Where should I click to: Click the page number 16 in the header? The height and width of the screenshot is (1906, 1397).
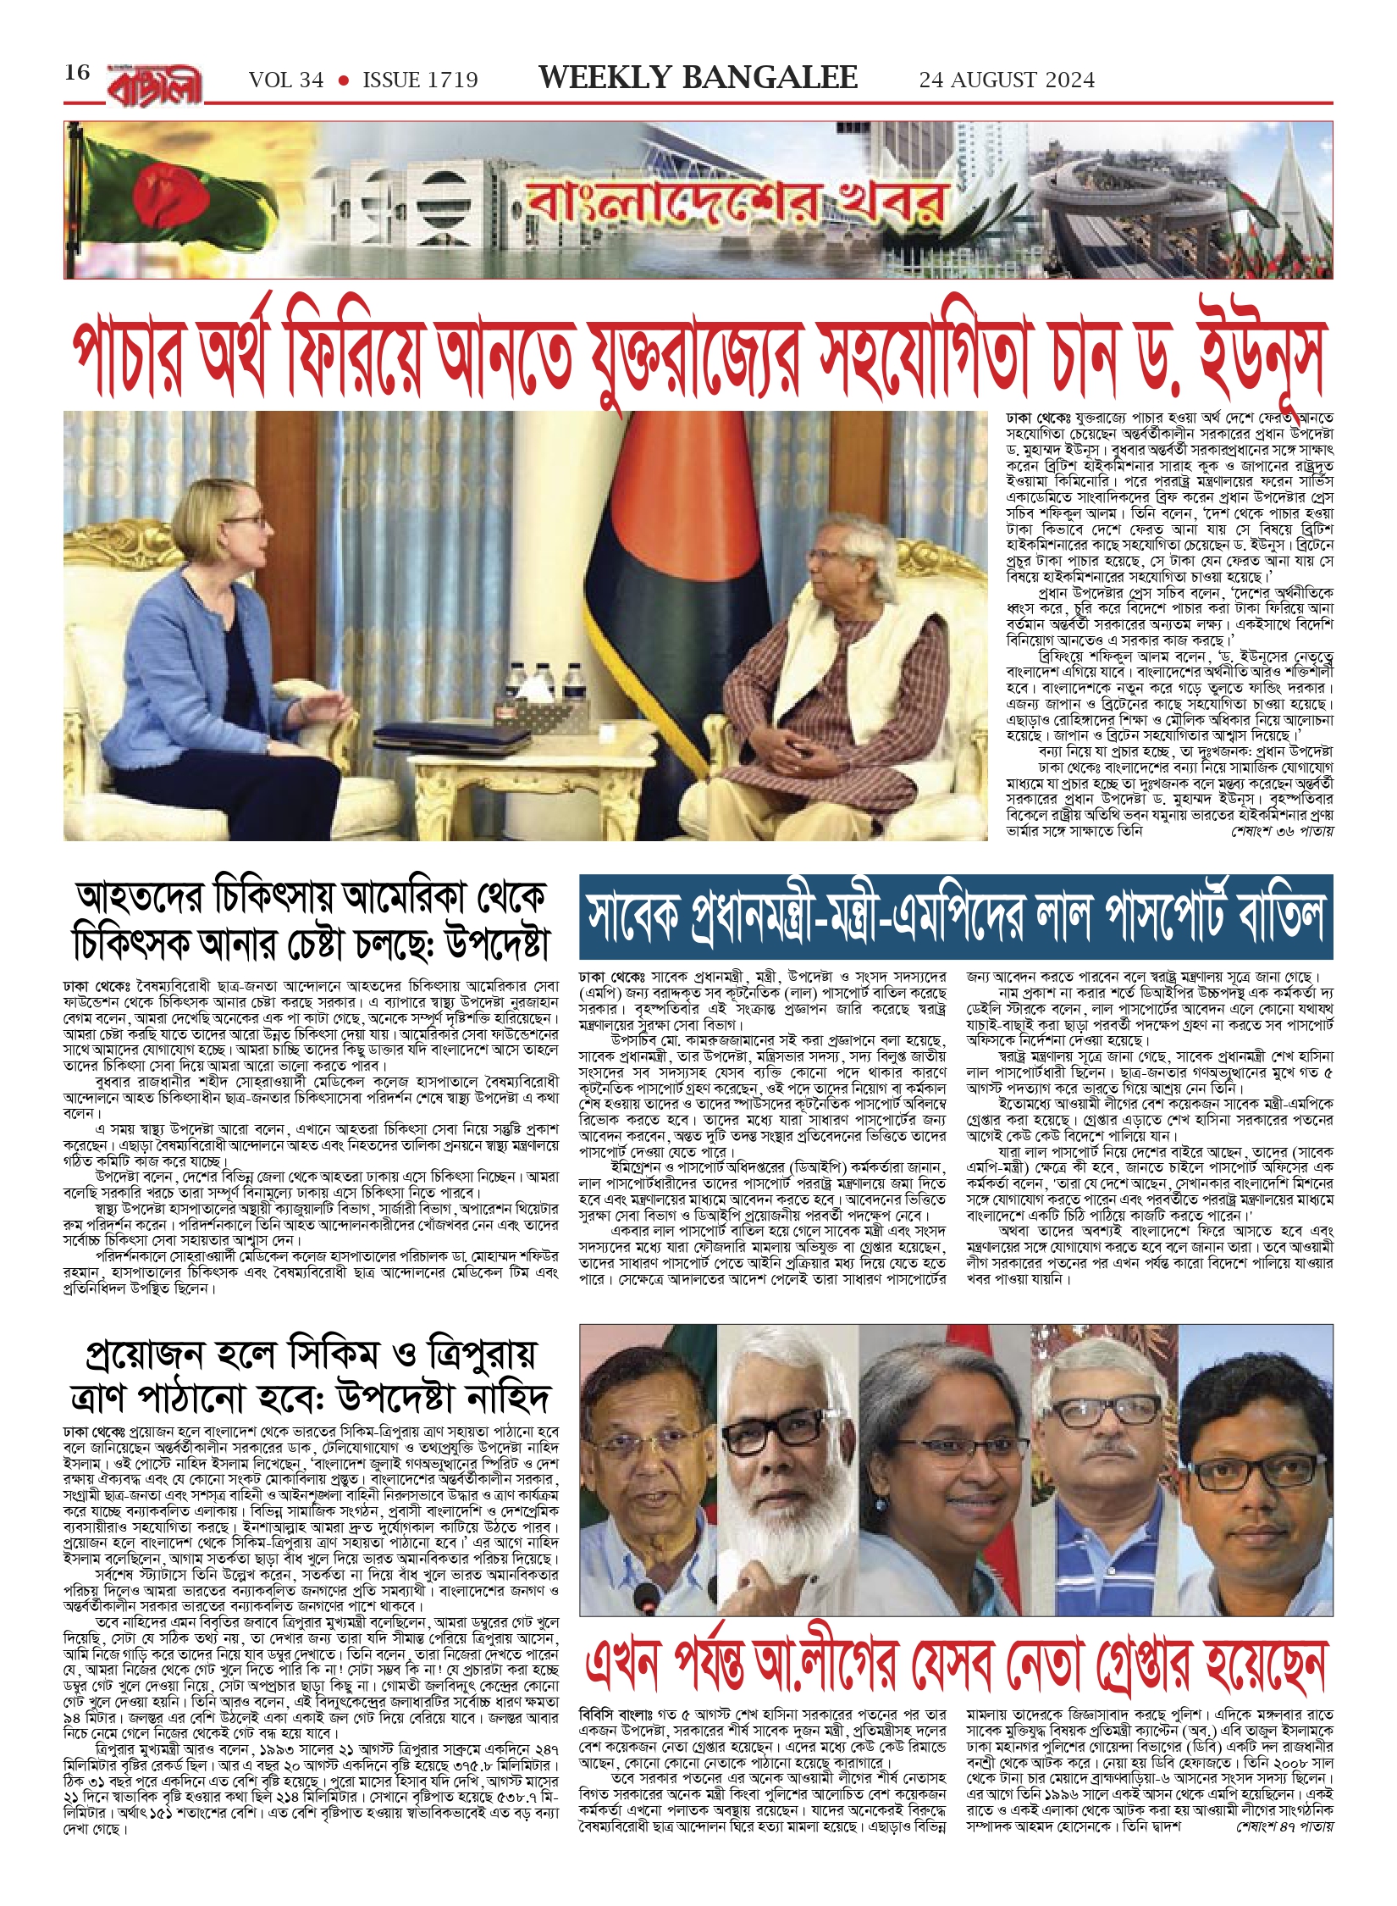click(77, 73)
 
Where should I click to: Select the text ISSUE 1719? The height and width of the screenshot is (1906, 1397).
click(420, 80)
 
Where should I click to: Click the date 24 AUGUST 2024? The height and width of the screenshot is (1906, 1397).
click(1007, 80)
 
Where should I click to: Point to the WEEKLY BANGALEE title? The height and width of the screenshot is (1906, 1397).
click(698, 78)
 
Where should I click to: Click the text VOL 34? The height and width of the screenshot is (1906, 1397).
click(286, 80)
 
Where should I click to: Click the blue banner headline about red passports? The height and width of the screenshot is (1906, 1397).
click(955, 917)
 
